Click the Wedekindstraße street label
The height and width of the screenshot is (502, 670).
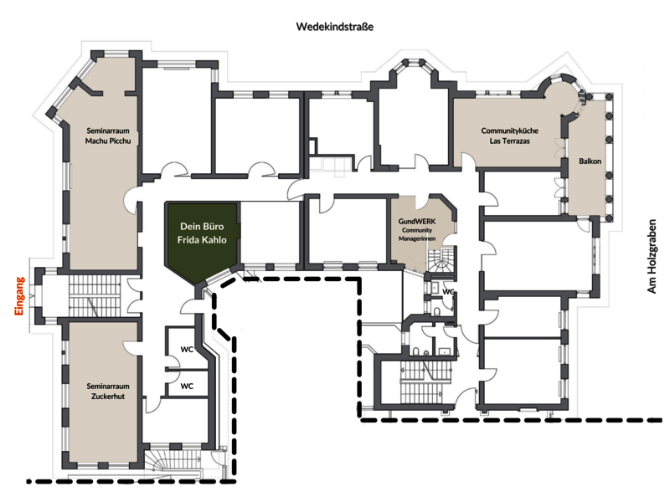[x=334, y=27]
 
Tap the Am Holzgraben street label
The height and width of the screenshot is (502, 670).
[x=652, y=256]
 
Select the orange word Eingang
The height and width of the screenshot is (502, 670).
[x=19, y=296]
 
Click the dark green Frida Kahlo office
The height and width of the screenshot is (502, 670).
[x=202, y=239]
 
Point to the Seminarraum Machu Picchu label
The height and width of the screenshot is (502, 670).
[x=108, y=136]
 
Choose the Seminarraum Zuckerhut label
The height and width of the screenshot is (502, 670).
[x=108, y=391]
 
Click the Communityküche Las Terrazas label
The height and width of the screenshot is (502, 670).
[x=509, y=136]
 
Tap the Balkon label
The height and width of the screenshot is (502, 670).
[x=590, y=161]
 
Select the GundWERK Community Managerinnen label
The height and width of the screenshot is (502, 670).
[x=417, y=229]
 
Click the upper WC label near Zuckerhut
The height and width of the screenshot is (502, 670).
[x=187, y=349]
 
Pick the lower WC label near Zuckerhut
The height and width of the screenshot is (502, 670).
[x=187, y=386]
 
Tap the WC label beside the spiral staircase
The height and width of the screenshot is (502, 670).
[x=448, y=292]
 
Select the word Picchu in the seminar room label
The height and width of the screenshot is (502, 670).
[x=120, y=141]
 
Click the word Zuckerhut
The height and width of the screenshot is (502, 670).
[x=108, y=396]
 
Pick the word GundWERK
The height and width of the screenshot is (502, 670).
[x=417, y=221]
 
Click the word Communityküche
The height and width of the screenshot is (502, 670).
[x=509, y=131]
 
